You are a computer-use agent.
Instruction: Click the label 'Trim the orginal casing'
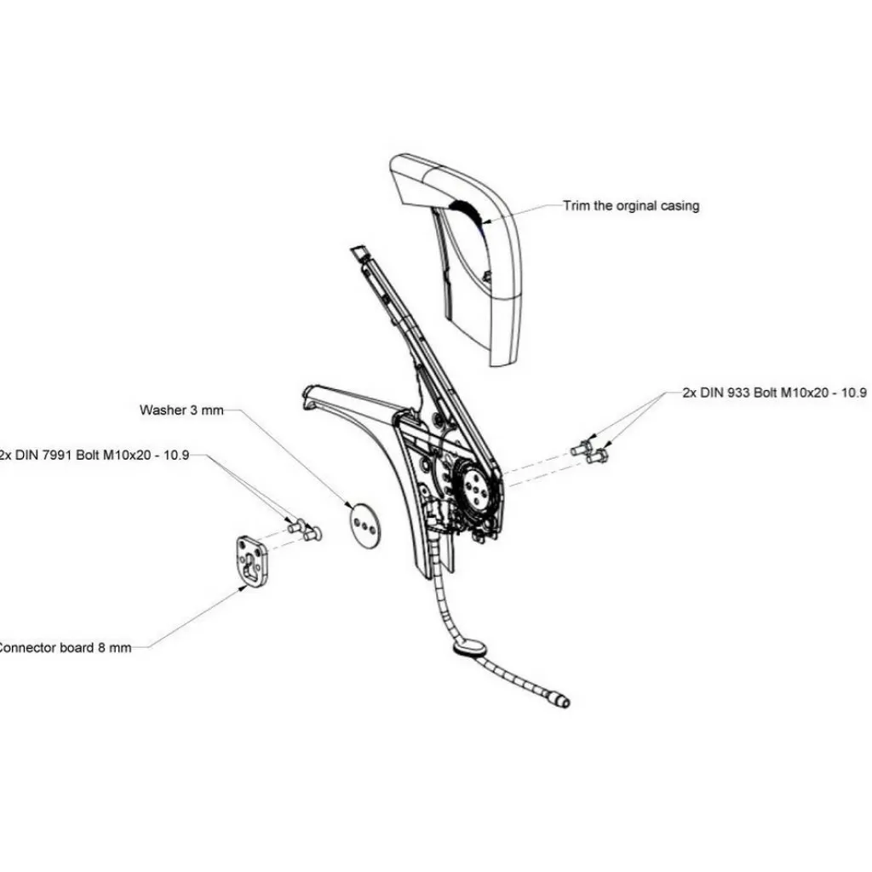pos(631,206)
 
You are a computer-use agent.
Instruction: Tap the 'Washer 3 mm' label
pos(181,410)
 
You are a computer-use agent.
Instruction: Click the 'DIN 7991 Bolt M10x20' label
pos(94,455)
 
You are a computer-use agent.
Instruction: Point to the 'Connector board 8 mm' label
pos(64,647)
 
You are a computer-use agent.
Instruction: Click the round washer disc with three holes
pos(366,525)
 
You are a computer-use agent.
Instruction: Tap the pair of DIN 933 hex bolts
pos(588,451)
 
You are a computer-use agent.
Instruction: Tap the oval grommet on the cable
pos(468,651)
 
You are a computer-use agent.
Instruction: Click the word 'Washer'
pos(161,410)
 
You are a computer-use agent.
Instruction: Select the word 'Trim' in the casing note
pos(576,206)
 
